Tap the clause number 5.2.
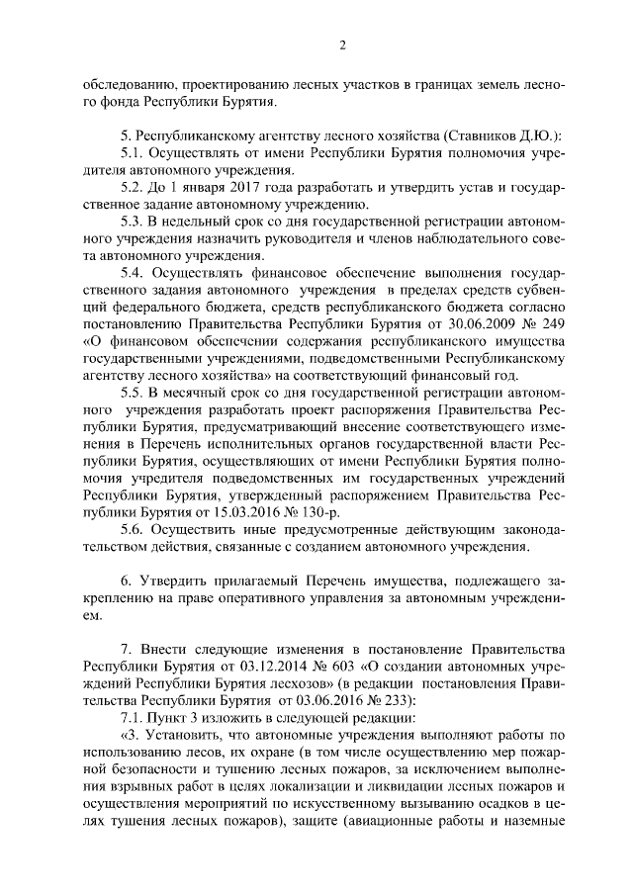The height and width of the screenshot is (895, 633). click(133, 187)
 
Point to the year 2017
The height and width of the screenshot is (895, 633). click(226, 187)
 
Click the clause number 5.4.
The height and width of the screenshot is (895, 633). click(133, 272)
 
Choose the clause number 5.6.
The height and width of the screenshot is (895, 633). click(133, 528)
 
